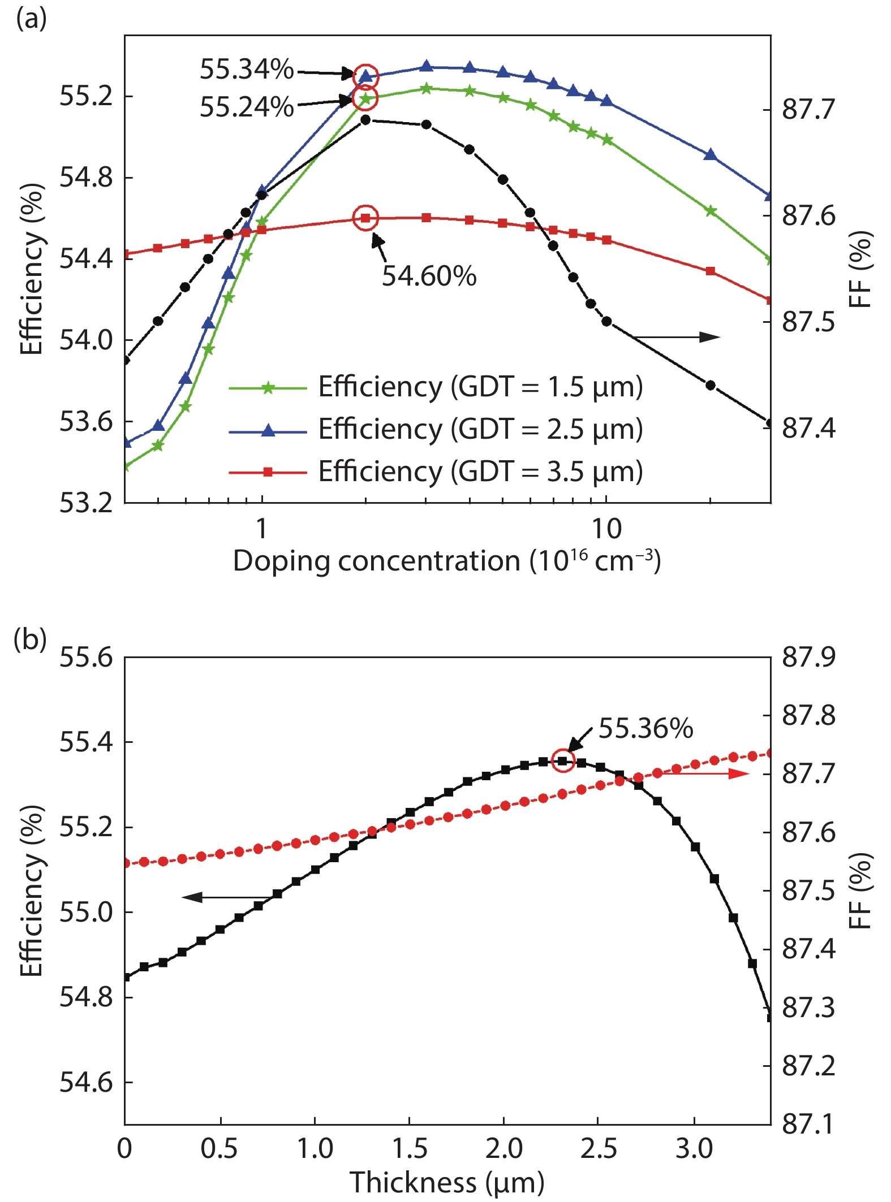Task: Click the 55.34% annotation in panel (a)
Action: (x=247, y=70)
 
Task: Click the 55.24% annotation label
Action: (x=247, y=106)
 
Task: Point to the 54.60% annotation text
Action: (x=429, y=276)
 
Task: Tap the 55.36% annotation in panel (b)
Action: (x=645, y=728)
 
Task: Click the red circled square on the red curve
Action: (x=365, y=218)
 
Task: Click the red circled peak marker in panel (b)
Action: (x=562, y=761)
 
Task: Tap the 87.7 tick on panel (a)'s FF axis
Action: (x=808, y=109)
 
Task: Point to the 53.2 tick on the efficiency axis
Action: (x=86, y=503)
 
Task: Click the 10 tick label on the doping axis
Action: (x=606, y=529)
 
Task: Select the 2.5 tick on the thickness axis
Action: (x=598, y=1148)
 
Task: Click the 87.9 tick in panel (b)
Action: (x=808, y=657)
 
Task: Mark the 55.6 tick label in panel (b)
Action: (x=86, y=657)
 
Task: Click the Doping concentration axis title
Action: (x=447, y=561)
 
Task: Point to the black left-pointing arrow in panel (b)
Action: (x=226, y=897)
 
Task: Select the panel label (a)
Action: (x=31, y=19)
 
